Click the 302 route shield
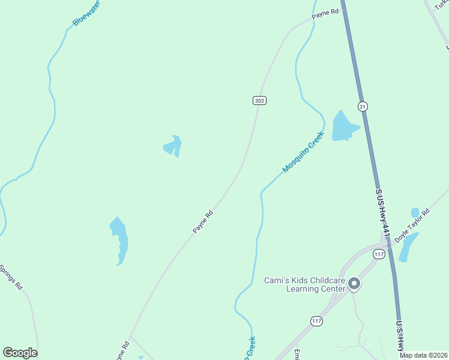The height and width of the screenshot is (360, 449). click(259, 100)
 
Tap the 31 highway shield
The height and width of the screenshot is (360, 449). click(362, 106)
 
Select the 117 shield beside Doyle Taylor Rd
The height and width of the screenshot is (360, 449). click(378, 254)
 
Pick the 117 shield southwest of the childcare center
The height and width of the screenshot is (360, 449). click(317, 321)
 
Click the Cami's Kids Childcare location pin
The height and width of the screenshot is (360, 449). click(354, 283)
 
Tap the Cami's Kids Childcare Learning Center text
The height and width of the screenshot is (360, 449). click(305, 284)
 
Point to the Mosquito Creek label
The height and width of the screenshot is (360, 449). click(303, 152)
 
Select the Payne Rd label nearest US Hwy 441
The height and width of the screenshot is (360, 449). click(326, 12)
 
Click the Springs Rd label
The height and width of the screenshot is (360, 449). click(10, 277)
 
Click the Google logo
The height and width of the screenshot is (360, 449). click(20, 353)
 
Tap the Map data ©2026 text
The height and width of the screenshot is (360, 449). click(423, 355)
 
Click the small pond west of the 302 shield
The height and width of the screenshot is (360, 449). click(173, 146)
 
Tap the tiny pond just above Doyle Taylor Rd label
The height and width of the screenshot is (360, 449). click(415, 212)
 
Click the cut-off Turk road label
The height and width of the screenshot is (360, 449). click(442, 5)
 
